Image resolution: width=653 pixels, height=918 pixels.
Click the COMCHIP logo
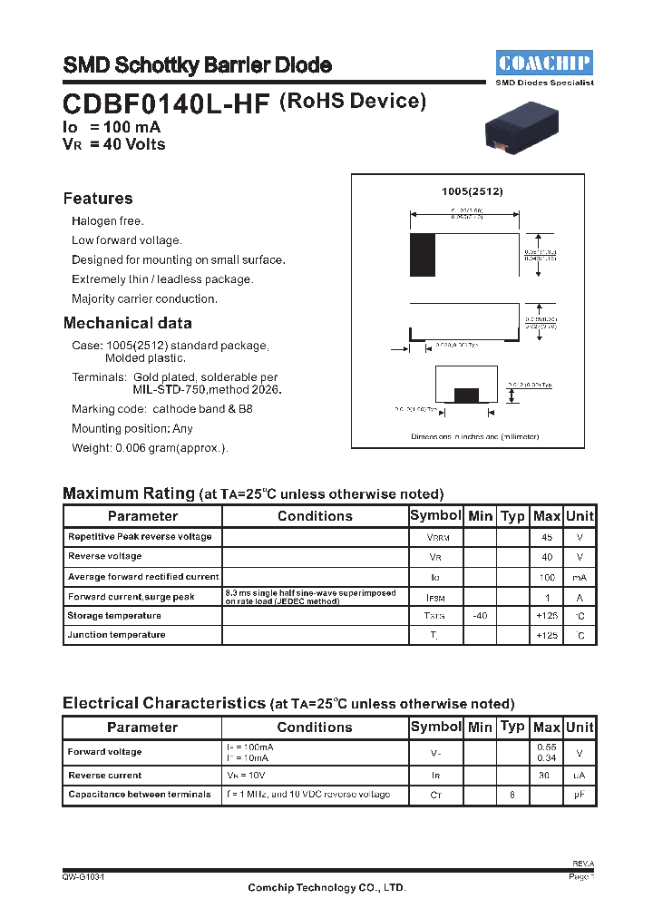[544, 63]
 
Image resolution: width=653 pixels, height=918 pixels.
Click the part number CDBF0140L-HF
[166, 104]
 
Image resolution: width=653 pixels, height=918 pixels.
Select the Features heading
[98, 199]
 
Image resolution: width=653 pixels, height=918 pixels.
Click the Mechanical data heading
[127, 323]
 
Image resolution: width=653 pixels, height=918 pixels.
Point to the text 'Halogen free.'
[108, 221]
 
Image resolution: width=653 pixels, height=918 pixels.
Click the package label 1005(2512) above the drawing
[472, 192]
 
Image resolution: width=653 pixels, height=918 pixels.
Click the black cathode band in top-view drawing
[423, 255]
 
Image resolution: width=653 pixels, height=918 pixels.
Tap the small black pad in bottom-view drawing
[466, 395]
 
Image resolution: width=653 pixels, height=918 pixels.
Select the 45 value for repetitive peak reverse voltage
[546, 537]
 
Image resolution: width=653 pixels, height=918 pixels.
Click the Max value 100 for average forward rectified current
[546, 577]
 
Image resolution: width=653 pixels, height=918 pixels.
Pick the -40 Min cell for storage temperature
[480, 616]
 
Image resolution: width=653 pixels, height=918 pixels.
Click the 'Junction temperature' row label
[116, 635]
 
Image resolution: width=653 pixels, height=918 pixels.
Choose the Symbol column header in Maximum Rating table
[435, 515]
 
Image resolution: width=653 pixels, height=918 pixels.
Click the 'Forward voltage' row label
[104, 752]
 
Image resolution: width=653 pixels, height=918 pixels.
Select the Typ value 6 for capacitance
[512, 795]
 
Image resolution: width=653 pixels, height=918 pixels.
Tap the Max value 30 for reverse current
[546, 776]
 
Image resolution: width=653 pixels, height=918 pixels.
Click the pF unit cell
[580, 795]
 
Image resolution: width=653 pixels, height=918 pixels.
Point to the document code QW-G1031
[83, 877]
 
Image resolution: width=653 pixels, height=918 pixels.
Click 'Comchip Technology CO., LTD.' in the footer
[326, 888]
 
